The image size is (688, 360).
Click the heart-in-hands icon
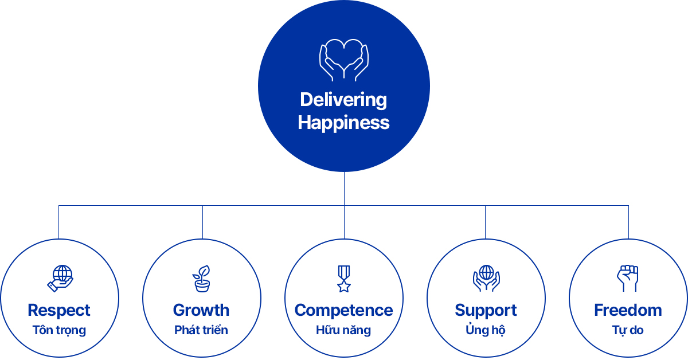[x=343, y=60]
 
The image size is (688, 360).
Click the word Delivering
[x=343, y=100]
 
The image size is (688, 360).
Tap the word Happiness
[x=343, y=123]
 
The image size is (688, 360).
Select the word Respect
[x=59, y=310]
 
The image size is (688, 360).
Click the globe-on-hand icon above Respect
[x=60, y=278]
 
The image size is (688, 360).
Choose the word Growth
[x=201, y=310]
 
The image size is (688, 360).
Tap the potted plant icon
[x=201, y=278]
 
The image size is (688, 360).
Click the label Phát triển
[x=201, y=330]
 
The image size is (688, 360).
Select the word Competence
[x=343, y=310]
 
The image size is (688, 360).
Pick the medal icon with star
[x=344, y=279]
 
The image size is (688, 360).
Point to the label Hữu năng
[x=343, y=330]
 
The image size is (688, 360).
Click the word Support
[x=486, y=311]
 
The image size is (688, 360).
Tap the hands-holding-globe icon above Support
[x=486, y=278]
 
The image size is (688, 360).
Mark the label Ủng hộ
[x=486, y=330]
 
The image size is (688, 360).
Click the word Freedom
[x=628, y=310]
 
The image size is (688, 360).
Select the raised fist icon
[x=627, y=278]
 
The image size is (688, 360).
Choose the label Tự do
[x=628, y=330]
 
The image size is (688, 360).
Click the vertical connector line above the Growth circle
[x=203, y=222]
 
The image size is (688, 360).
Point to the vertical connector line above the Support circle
[x=485, y=222]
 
